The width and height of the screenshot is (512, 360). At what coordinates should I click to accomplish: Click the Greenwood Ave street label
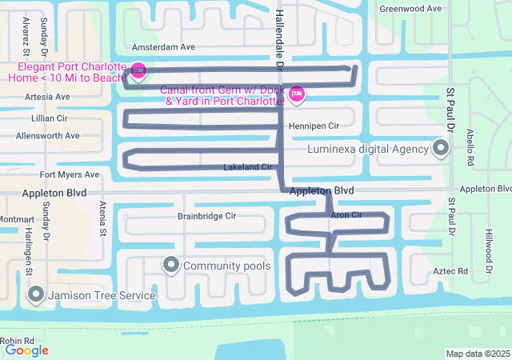point(410,8)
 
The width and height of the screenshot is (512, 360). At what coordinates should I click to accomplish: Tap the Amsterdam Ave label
point(163,47)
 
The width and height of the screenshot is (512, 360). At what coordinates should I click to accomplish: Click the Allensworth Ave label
point(48,136)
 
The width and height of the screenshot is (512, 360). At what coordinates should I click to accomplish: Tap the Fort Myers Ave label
point(70,174)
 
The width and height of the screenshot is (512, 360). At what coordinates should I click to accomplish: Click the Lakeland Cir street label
point(249,167)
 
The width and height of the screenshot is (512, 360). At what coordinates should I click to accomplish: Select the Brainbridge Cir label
point(206,216)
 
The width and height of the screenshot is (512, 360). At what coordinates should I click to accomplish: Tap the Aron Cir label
point(346,215)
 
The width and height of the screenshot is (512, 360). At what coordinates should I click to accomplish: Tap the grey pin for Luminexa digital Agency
point(440,148)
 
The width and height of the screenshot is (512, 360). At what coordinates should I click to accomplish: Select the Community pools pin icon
point(170,265)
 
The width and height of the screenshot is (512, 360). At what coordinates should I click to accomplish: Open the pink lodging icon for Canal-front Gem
point(297,94)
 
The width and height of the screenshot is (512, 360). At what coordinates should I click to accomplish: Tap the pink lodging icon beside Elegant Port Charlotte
point(137,71)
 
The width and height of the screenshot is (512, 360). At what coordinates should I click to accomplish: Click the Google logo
point(26,350)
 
